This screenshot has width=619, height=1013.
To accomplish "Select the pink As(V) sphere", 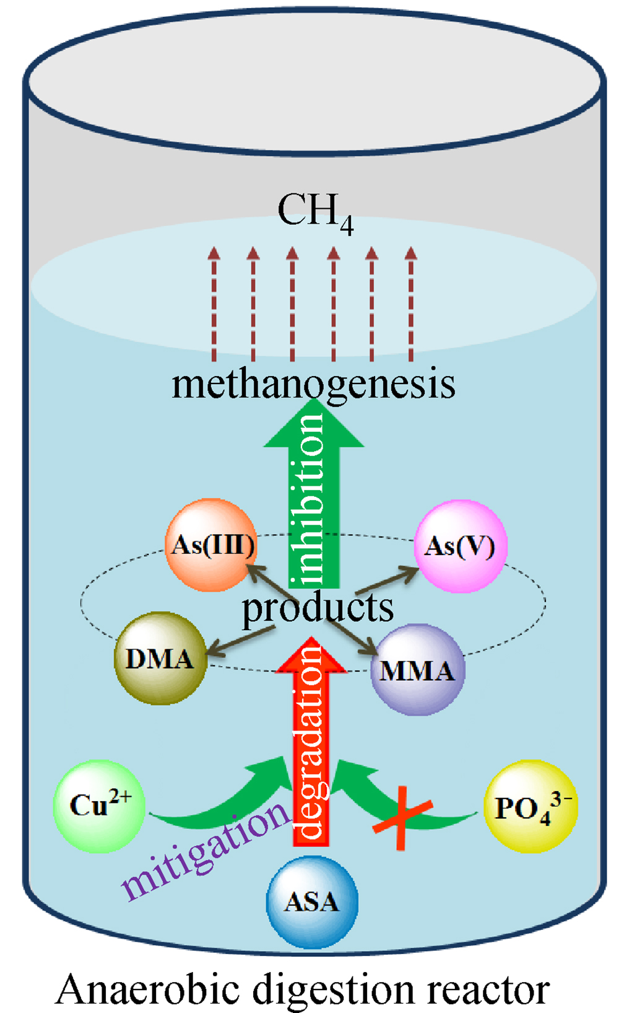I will coord(460,546).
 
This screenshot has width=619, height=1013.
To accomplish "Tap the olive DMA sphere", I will coord(160,658).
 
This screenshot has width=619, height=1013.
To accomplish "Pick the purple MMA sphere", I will coord(417,670).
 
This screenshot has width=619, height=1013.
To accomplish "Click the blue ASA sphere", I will coord(312,901).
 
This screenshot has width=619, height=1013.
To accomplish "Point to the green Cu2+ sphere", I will coord(100,805).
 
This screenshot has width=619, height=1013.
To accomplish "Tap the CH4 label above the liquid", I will coord(315,212).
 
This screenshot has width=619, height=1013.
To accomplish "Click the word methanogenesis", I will coord(313,384).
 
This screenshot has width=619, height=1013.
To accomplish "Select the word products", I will coord(317,608).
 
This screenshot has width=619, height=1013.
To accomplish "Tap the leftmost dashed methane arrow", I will coord(214,304).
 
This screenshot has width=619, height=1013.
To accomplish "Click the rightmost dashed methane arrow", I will coord(411,304).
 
